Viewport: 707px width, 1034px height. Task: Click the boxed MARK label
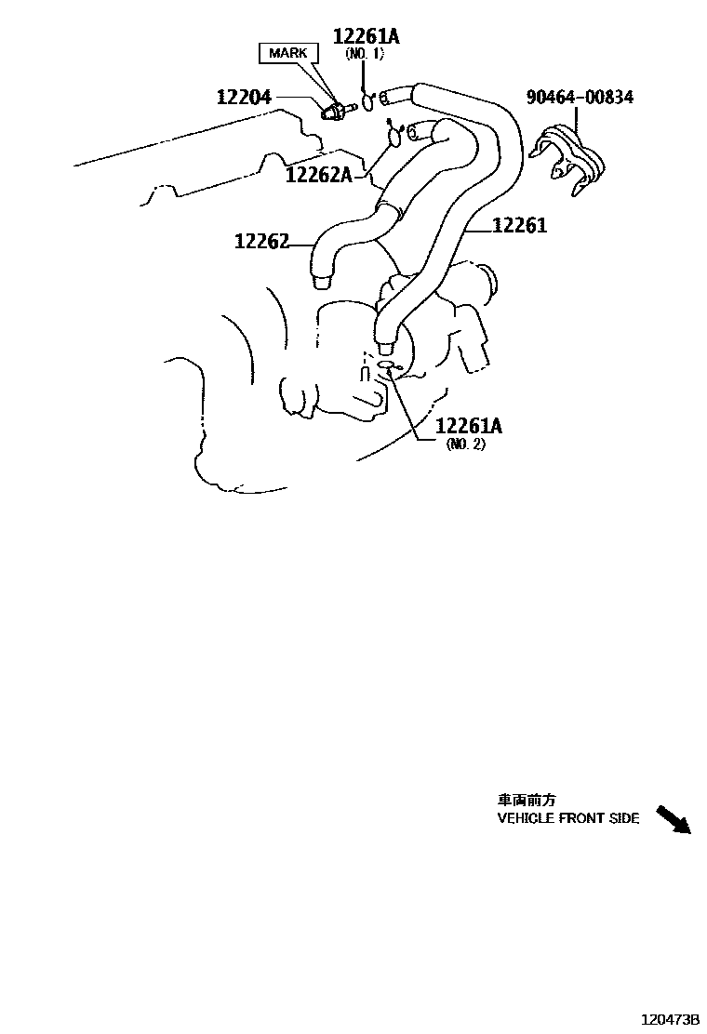pos(287,53)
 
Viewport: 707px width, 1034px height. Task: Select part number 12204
pos(245,97)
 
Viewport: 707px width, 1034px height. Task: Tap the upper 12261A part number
pos(367,36)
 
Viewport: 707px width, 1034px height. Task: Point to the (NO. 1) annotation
pos(365,55)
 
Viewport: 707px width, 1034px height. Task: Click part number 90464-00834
pos(580,97)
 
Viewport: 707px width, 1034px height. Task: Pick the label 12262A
pos(318,174)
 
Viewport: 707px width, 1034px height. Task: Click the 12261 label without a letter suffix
pos(519,225)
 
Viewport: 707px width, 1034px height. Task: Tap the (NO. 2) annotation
pos(466,444)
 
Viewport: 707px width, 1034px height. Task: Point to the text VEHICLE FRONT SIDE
pos(568,818)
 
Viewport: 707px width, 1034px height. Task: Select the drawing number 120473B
pos(667,1019)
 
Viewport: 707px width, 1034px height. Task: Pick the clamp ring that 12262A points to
pos(394,137)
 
